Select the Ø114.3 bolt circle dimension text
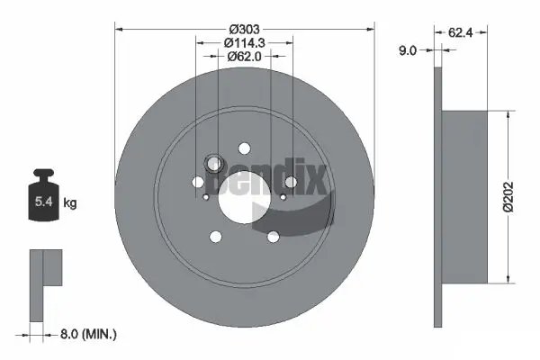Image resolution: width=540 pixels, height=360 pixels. pyautogui.click(x=245, y=40)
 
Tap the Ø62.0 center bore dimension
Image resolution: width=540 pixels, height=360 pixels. pyautogui.click(x=245, y=56)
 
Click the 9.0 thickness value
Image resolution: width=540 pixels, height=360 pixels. pyautogui.click(x=407, y=51)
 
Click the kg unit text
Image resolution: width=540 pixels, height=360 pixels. pyautogui.click(x=70, y=203)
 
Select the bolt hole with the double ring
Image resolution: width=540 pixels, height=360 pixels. pyautogui.click(x=214, y=164)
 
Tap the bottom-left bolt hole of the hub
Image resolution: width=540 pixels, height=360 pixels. pyautogui.click(x=216, y=237)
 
